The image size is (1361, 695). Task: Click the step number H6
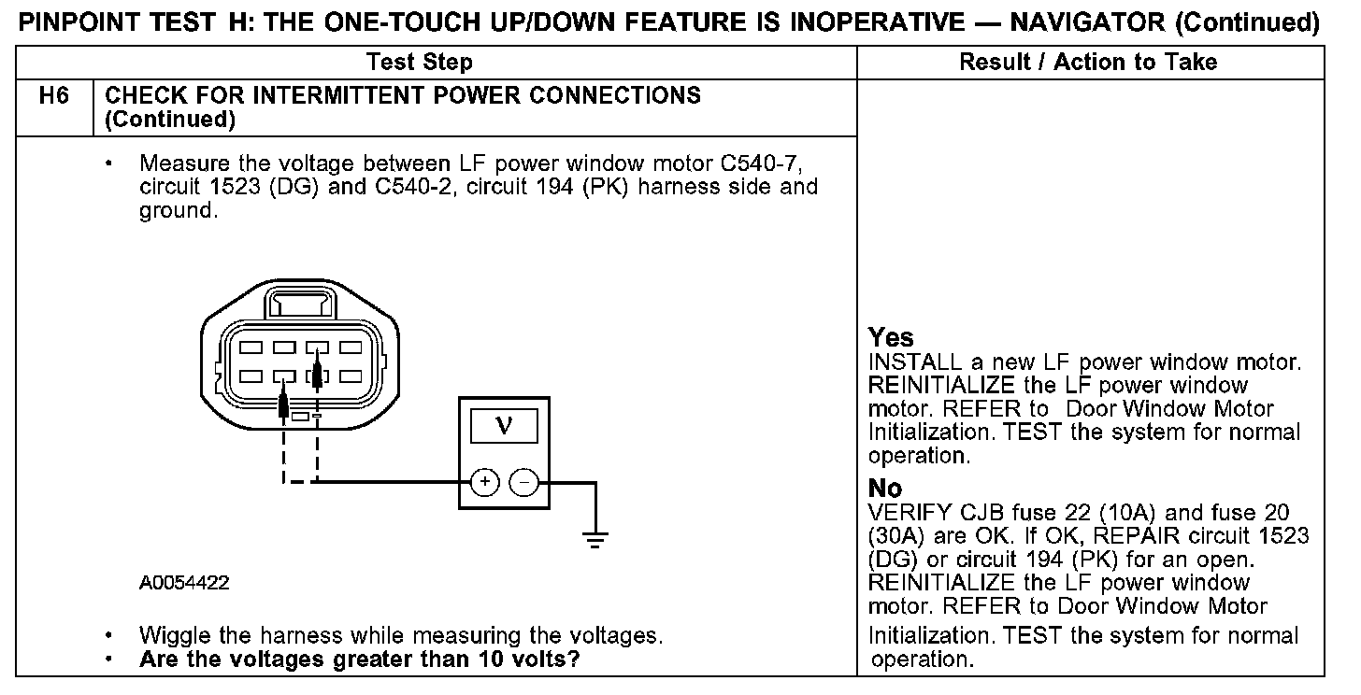[55, 96]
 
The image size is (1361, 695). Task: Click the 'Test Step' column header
[420, 63]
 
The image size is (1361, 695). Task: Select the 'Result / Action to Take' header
[1088, 63]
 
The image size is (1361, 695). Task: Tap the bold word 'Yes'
[891, 337]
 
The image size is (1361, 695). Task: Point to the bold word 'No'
[885, 489]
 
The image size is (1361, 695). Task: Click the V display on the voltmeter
[504, 426]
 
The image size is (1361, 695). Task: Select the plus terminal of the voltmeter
[484, 482]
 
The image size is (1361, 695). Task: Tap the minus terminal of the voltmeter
[525, 482]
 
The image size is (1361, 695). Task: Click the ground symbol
[595, 538]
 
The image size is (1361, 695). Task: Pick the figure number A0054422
[184, 583]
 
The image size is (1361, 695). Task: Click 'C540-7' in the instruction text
[758, 163]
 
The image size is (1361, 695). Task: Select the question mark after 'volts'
[575, 659]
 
